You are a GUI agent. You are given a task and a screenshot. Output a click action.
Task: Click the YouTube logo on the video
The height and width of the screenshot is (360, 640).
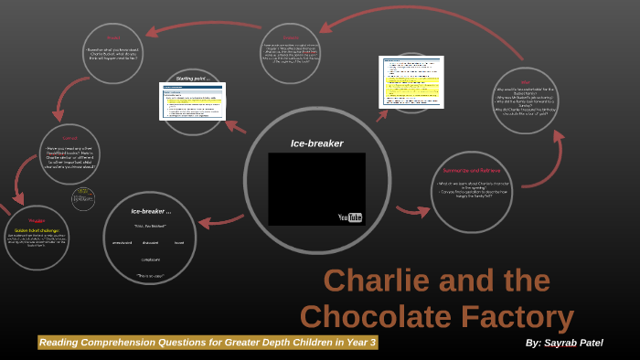[x=350, y=217]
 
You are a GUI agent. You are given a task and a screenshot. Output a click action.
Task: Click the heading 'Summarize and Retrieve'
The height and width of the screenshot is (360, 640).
[x=474, y=171]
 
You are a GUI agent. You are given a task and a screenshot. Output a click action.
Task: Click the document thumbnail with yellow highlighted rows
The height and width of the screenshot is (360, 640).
[x=411, y=82]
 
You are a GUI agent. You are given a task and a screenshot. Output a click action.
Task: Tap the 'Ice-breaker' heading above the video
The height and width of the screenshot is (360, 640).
[x=316, y=143]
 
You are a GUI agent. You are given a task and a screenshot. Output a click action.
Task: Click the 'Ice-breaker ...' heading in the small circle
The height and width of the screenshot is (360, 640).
[x=150, y=211]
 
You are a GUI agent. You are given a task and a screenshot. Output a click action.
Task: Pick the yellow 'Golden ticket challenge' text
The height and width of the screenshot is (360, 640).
[x=37, y=230]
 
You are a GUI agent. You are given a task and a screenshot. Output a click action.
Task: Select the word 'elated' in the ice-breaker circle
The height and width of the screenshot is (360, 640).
[x=179, y=242]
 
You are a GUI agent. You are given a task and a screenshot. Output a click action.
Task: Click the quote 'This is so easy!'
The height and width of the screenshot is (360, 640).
[x=150, y=274]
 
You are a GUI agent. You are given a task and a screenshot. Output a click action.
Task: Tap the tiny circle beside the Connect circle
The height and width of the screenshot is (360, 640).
[x=83, y=198]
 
